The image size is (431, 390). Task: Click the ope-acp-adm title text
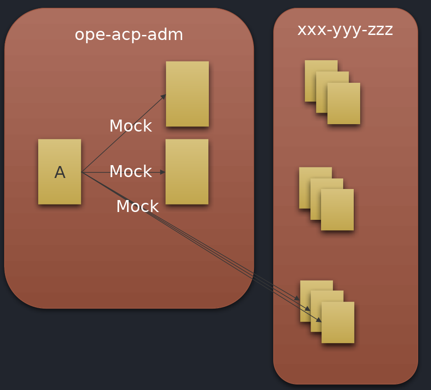[x=129, y=35]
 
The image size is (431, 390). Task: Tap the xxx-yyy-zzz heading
[x=345, y=30]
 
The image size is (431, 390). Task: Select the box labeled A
[x=59, y=172]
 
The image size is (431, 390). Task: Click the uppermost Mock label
[x=130, y=126]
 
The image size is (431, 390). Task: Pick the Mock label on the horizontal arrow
[x=130, y=172]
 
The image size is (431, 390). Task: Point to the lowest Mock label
[x=137, y=206]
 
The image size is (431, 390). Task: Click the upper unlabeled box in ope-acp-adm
[x=187, y=94]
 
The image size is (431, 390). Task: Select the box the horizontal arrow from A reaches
[x=187, y=172]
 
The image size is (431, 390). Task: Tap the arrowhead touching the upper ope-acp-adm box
[x=163, y=96]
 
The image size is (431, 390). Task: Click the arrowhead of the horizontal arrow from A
[x=163, y=172]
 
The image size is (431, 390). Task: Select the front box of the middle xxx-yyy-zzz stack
[x=338, y=210]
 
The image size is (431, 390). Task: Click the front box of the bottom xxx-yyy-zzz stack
[x=338, y=323]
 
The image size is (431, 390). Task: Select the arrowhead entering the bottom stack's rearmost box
[x=298, y=298]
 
